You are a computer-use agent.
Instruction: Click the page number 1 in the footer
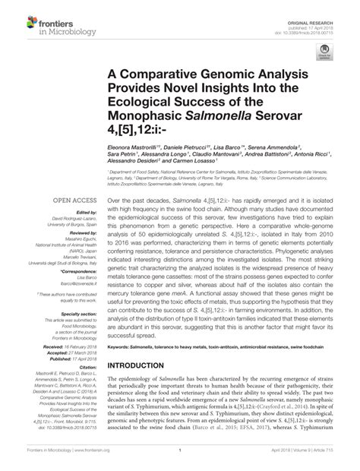tap(180, 460)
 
